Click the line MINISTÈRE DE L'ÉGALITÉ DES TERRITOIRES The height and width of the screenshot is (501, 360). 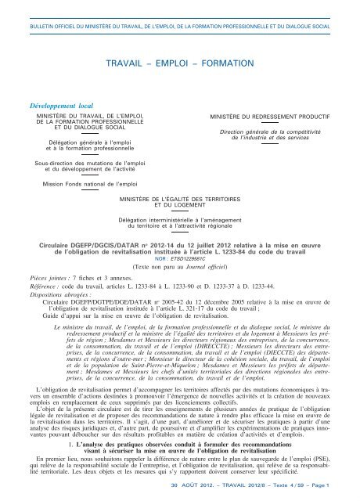pos(179,200)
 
